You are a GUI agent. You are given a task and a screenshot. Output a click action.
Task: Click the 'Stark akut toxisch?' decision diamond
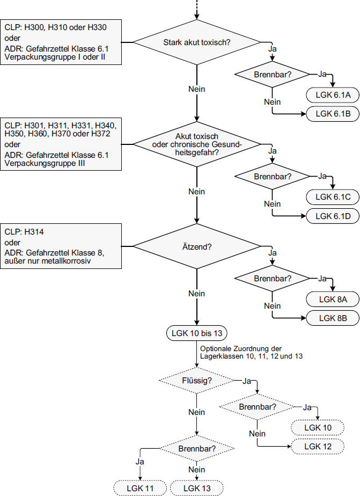tap(197, 42)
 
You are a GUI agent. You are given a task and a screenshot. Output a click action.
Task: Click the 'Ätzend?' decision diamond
tap(197, 247)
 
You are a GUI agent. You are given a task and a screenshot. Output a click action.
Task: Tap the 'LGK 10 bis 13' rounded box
tap(196, 333)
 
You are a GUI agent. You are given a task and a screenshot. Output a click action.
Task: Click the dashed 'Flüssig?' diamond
tap(196, 380)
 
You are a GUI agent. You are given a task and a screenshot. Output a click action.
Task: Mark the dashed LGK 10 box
tap(318, 428)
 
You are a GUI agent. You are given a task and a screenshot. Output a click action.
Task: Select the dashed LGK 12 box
tap(318, 446)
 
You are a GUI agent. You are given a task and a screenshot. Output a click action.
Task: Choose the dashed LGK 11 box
tap(141, 487)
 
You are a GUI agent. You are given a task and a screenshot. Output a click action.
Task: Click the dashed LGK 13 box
tap(196, 487)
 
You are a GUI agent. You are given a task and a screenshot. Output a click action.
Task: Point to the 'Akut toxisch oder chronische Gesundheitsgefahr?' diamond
tap(197, 144)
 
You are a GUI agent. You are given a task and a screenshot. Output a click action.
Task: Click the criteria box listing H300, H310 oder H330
tap(61, 42)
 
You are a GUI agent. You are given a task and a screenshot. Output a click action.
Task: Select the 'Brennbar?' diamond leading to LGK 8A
tap(273, 279)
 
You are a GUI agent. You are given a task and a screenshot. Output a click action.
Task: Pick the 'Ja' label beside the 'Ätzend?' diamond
tap(272, 252)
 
